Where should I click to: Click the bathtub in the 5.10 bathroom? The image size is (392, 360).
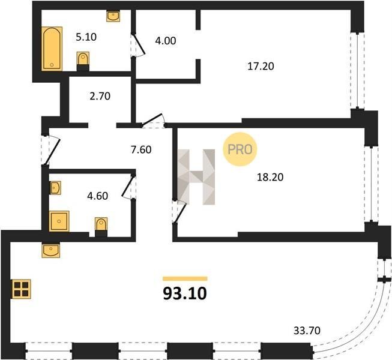52,49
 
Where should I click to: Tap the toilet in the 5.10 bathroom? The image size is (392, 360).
83,61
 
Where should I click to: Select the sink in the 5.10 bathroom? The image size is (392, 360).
113,16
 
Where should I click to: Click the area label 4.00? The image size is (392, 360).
166,41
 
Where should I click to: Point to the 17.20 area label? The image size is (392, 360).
261,66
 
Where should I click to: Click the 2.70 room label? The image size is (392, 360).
100,96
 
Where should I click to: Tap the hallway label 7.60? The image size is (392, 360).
141,149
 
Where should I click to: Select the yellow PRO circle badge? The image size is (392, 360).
240,149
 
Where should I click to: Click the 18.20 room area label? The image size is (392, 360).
270,177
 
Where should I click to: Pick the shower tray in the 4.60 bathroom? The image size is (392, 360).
59,221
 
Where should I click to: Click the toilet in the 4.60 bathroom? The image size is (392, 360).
101,227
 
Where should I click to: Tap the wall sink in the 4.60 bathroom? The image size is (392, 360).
55,188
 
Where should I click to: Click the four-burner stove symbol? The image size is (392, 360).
21,289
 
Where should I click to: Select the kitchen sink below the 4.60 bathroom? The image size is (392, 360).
51,250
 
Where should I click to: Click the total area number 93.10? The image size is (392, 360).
185,293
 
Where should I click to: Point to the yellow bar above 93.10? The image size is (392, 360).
185,278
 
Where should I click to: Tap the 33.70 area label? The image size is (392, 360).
307,331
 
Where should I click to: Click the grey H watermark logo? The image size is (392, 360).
196,177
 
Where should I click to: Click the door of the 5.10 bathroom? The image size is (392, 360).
138,45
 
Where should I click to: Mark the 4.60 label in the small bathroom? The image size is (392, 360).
97,196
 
